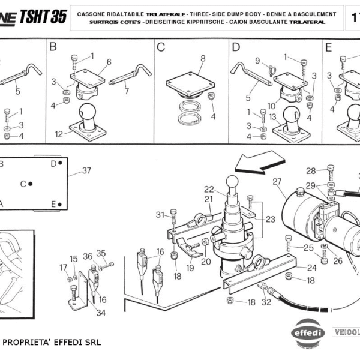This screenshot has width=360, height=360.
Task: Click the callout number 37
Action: coord(87,170)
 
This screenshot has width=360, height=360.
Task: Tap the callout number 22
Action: coord(209,188)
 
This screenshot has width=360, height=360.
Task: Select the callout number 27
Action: coord(277,181)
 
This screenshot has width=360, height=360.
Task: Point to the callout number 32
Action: coord(266,302)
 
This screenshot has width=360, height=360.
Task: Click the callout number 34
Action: coord(101,312)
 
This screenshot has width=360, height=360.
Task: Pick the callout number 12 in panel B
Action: coord(58,134)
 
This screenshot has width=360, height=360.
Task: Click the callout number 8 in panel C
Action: coord(203,58)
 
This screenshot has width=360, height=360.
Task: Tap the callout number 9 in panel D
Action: coord(257,61)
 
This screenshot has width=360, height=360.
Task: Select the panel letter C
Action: coord(161,47)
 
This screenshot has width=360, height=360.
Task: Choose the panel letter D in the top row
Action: coord(236,47)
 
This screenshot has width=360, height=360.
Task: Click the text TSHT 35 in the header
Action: coord(43,17)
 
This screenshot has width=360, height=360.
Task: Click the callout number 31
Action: coord(160,215)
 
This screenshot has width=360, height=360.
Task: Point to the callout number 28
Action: coord(311,170)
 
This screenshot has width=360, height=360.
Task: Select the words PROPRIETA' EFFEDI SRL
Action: coord(52,343)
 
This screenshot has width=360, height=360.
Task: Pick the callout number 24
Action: coord(311,268)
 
